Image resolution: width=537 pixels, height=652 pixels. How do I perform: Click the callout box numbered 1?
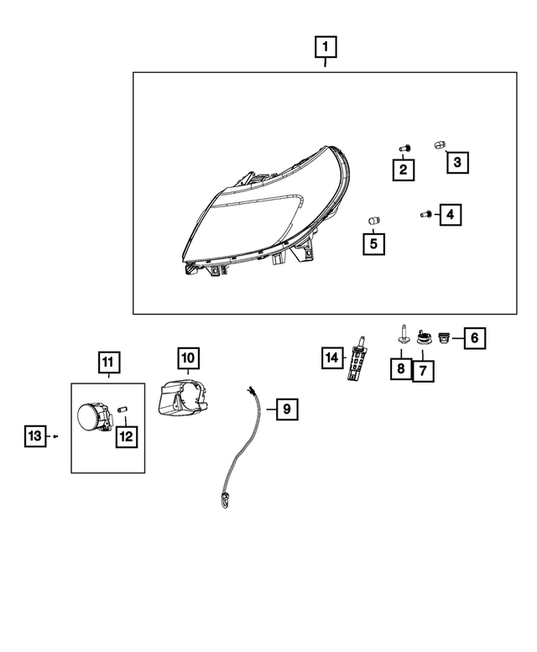[x=326, y=47]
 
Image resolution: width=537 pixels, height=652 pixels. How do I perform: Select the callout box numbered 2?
[x=404, y=170]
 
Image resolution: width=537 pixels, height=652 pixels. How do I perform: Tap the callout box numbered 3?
[x=456, y=162]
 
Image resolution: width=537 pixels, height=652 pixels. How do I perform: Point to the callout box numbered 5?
[x=373, y=243]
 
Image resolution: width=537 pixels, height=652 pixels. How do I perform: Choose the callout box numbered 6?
[x=474, y=338]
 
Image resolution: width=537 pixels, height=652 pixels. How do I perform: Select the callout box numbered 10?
[x=188, y=359]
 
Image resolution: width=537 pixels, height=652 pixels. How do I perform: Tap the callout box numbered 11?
[x=107, y=363]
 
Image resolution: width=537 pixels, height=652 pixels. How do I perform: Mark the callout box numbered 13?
[x=34, y=436]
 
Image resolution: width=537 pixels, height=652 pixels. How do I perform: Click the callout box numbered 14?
[x=333, y=358]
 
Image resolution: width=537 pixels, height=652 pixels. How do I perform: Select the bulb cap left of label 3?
[x=438, y=144]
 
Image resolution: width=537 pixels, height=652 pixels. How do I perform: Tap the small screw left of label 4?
[x=426, y=215]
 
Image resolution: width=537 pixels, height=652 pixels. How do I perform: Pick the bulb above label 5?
[x=374, y=220]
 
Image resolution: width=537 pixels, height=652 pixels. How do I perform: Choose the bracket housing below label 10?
[x=185, y=398]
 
